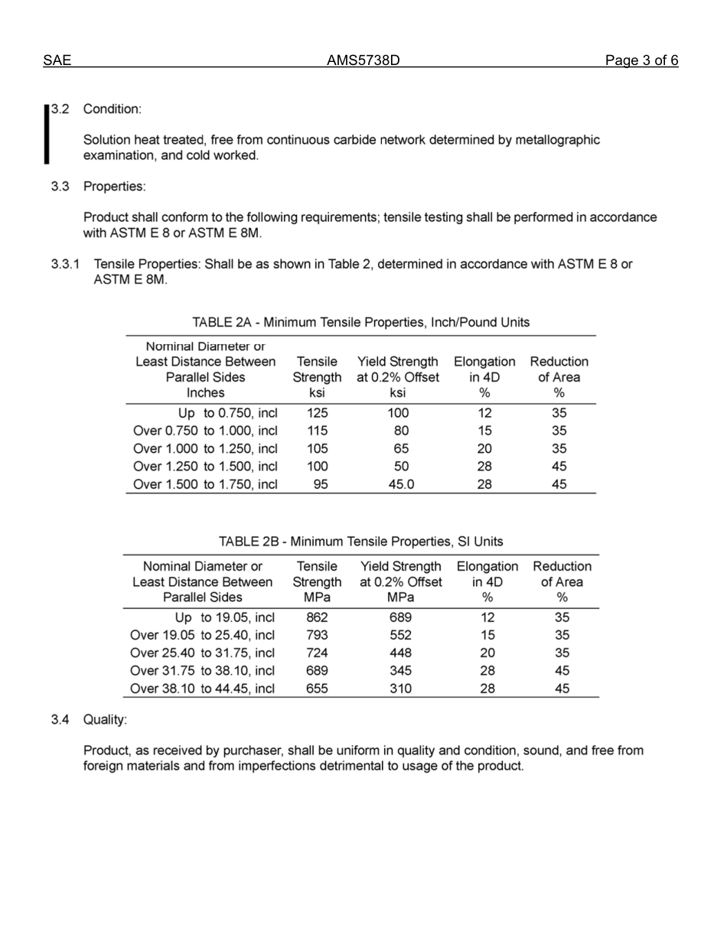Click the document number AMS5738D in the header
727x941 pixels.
click(x=363, y=61)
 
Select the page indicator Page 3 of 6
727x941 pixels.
click(x=641, y=61)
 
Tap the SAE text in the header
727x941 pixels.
click(x=57, y=61)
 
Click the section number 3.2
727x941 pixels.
click(x=60, y=109)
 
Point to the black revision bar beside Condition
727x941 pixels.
click(x=47, y=134)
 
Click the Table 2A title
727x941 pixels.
click(x=360, y=322)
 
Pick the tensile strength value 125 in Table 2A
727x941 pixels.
click(x=317, y=413)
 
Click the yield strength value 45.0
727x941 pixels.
click(x=401, y=484)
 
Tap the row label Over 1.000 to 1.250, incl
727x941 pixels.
click(x=205, y=449)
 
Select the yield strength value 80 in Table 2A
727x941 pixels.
click(x=401, y=431)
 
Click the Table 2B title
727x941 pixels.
click(x=360, y=542)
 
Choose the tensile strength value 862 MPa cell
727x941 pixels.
click(x=317, y=617)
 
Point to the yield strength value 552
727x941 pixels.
click(x=400, y=635)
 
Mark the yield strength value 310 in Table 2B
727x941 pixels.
click(x=400, y=689)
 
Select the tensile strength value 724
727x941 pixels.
click(x=317, y=653)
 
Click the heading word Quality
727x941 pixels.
click(x=105, y=720)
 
